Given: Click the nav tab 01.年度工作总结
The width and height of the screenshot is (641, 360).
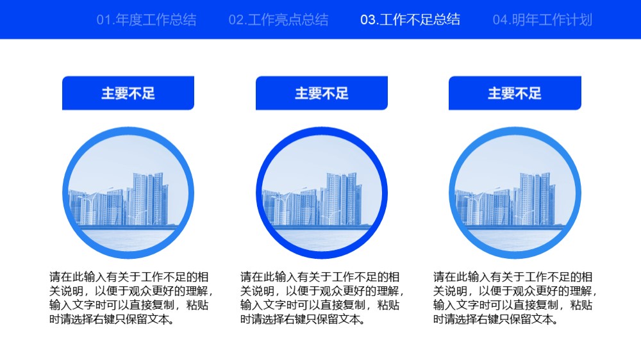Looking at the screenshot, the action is pos(146,20).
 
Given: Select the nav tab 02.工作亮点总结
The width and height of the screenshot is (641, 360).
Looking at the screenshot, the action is pos(278,20).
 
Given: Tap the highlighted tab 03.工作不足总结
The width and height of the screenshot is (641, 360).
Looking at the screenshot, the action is pos(410,20).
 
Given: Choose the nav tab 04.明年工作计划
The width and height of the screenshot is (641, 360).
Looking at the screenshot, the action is pos(542,20).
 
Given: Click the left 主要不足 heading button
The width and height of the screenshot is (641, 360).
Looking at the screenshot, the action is pos(128,93).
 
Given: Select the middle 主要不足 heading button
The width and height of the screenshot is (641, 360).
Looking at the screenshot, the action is pos(321,93).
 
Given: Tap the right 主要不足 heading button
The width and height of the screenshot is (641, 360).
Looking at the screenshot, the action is pos(515,93).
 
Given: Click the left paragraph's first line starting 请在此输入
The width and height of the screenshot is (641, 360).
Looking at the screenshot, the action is pos(129,277).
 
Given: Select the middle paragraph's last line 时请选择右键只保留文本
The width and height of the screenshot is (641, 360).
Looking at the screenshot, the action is pos(302,319).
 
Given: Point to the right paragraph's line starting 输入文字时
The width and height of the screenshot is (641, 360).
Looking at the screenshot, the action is pos(513,305).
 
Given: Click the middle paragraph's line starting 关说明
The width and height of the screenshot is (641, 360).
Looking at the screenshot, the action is pos(322,291).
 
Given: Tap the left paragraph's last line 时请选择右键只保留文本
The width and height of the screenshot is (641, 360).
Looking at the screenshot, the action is pos(112,319).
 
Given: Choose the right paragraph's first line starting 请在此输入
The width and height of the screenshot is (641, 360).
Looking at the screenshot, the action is pos(513,277).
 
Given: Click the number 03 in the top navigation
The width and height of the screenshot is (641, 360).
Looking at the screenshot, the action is pos(367,20).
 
